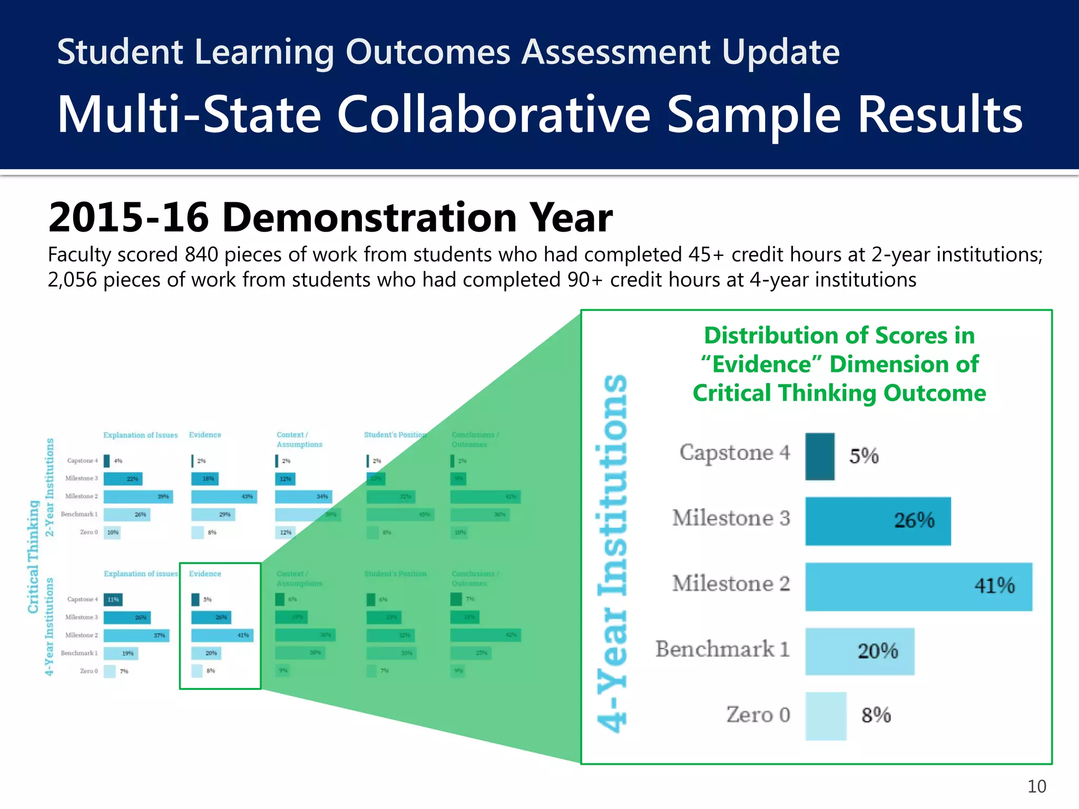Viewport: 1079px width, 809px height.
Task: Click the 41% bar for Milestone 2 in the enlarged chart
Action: point(918,586)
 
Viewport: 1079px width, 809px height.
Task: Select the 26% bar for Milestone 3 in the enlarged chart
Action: point(878,520)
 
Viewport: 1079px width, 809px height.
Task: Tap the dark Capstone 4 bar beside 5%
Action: point(820,456)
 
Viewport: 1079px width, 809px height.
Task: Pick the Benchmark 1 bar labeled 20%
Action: point(859,651)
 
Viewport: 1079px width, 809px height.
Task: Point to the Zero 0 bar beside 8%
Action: point(826,716)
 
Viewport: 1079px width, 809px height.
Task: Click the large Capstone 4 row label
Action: point(734,453)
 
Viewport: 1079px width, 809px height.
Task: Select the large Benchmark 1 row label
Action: point(722,649)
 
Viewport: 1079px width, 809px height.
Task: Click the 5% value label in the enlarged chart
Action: point(864,456)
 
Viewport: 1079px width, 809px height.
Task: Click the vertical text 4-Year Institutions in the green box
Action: point(613,553)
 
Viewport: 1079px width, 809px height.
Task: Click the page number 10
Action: point(1036,786)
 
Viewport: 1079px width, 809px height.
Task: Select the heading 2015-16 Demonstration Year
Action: point(330,218)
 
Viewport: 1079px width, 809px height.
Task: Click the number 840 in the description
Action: point(201,255)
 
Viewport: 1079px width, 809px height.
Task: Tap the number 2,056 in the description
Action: point(72,280)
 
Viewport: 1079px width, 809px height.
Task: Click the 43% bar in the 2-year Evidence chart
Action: point(223,497)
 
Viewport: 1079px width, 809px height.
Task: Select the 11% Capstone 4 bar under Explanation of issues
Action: point(113,599)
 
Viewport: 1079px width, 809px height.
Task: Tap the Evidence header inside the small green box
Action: point(205,574)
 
